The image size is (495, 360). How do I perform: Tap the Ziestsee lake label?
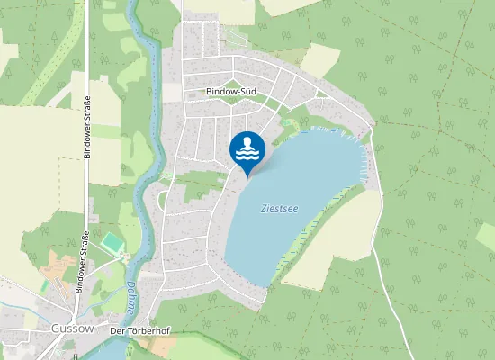(x=279, y=208)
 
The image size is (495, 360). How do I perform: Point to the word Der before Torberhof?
(x=117, y=331)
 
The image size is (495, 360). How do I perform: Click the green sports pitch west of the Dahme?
(x=112, y=243)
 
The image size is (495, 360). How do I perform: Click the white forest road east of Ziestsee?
(x=389, y=261)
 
